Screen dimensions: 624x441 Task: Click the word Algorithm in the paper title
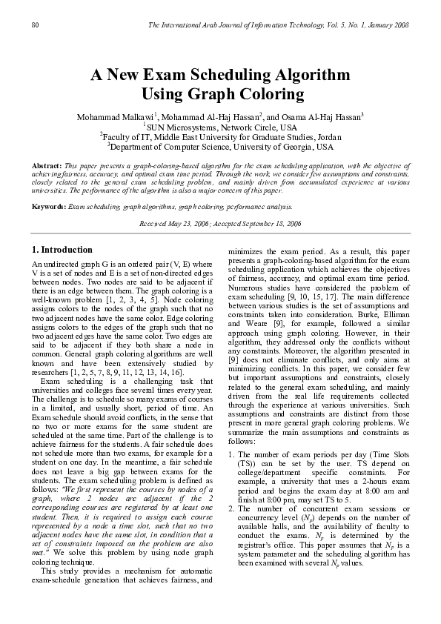click(299, 75)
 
